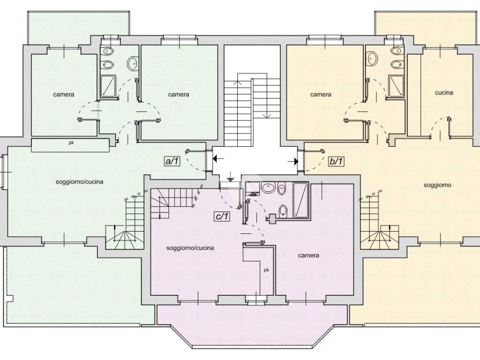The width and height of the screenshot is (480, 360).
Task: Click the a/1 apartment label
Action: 172,161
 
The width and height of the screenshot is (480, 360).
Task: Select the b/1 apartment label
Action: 336,161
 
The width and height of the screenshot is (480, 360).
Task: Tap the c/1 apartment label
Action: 222,217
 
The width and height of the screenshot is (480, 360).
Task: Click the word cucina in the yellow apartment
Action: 444,92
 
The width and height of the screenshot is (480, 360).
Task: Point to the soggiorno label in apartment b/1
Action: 437,185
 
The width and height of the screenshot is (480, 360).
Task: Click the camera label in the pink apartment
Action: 308,255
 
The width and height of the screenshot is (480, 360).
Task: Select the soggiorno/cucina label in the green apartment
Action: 79,181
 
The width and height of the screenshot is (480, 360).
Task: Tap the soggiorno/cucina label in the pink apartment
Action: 190,247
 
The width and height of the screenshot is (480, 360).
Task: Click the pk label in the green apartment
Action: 71,142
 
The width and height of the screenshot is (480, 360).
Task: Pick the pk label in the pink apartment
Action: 266,270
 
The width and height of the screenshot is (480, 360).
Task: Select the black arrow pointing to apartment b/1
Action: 293,161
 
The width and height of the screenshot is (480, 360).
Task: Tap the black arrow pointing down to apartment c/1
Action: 231,177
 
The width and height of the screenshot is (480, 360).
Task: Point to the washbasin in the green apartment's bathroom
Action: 133,63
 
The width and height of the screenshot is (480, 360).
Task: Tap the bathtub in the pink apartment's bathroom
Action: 300,200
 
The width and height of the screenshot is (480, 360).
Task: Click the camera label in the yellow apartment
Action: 321,94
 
